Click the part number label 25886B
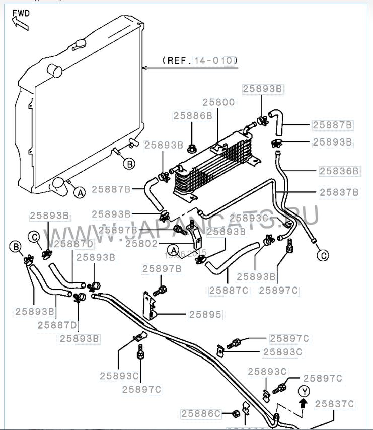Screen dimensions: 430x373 click(193, 115)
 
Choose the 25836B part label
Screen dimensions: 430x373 click(339, 171)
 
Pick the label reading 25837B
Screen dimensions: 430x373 click(339, 192)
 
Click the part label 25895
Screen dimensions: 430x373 click(205, 314)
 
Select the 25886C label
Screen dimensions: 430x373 click(201, 414)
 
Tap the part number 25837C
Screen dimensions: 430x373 click(335, 403)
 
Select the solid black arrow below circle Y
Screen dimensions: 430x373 click(303, 403)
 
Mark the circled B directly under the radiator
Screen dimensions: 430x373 click(129, 164)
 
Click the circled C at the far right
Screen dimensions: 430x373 click(323, 255)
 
